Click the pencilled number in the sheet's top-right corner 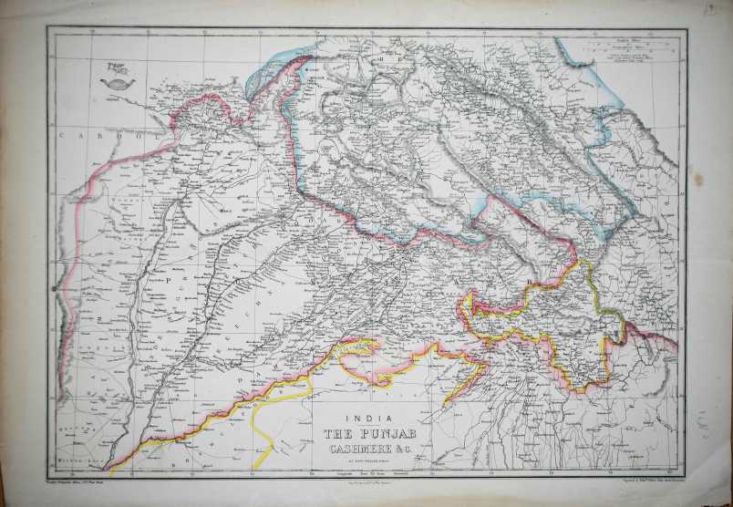(x=719, y=11)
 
